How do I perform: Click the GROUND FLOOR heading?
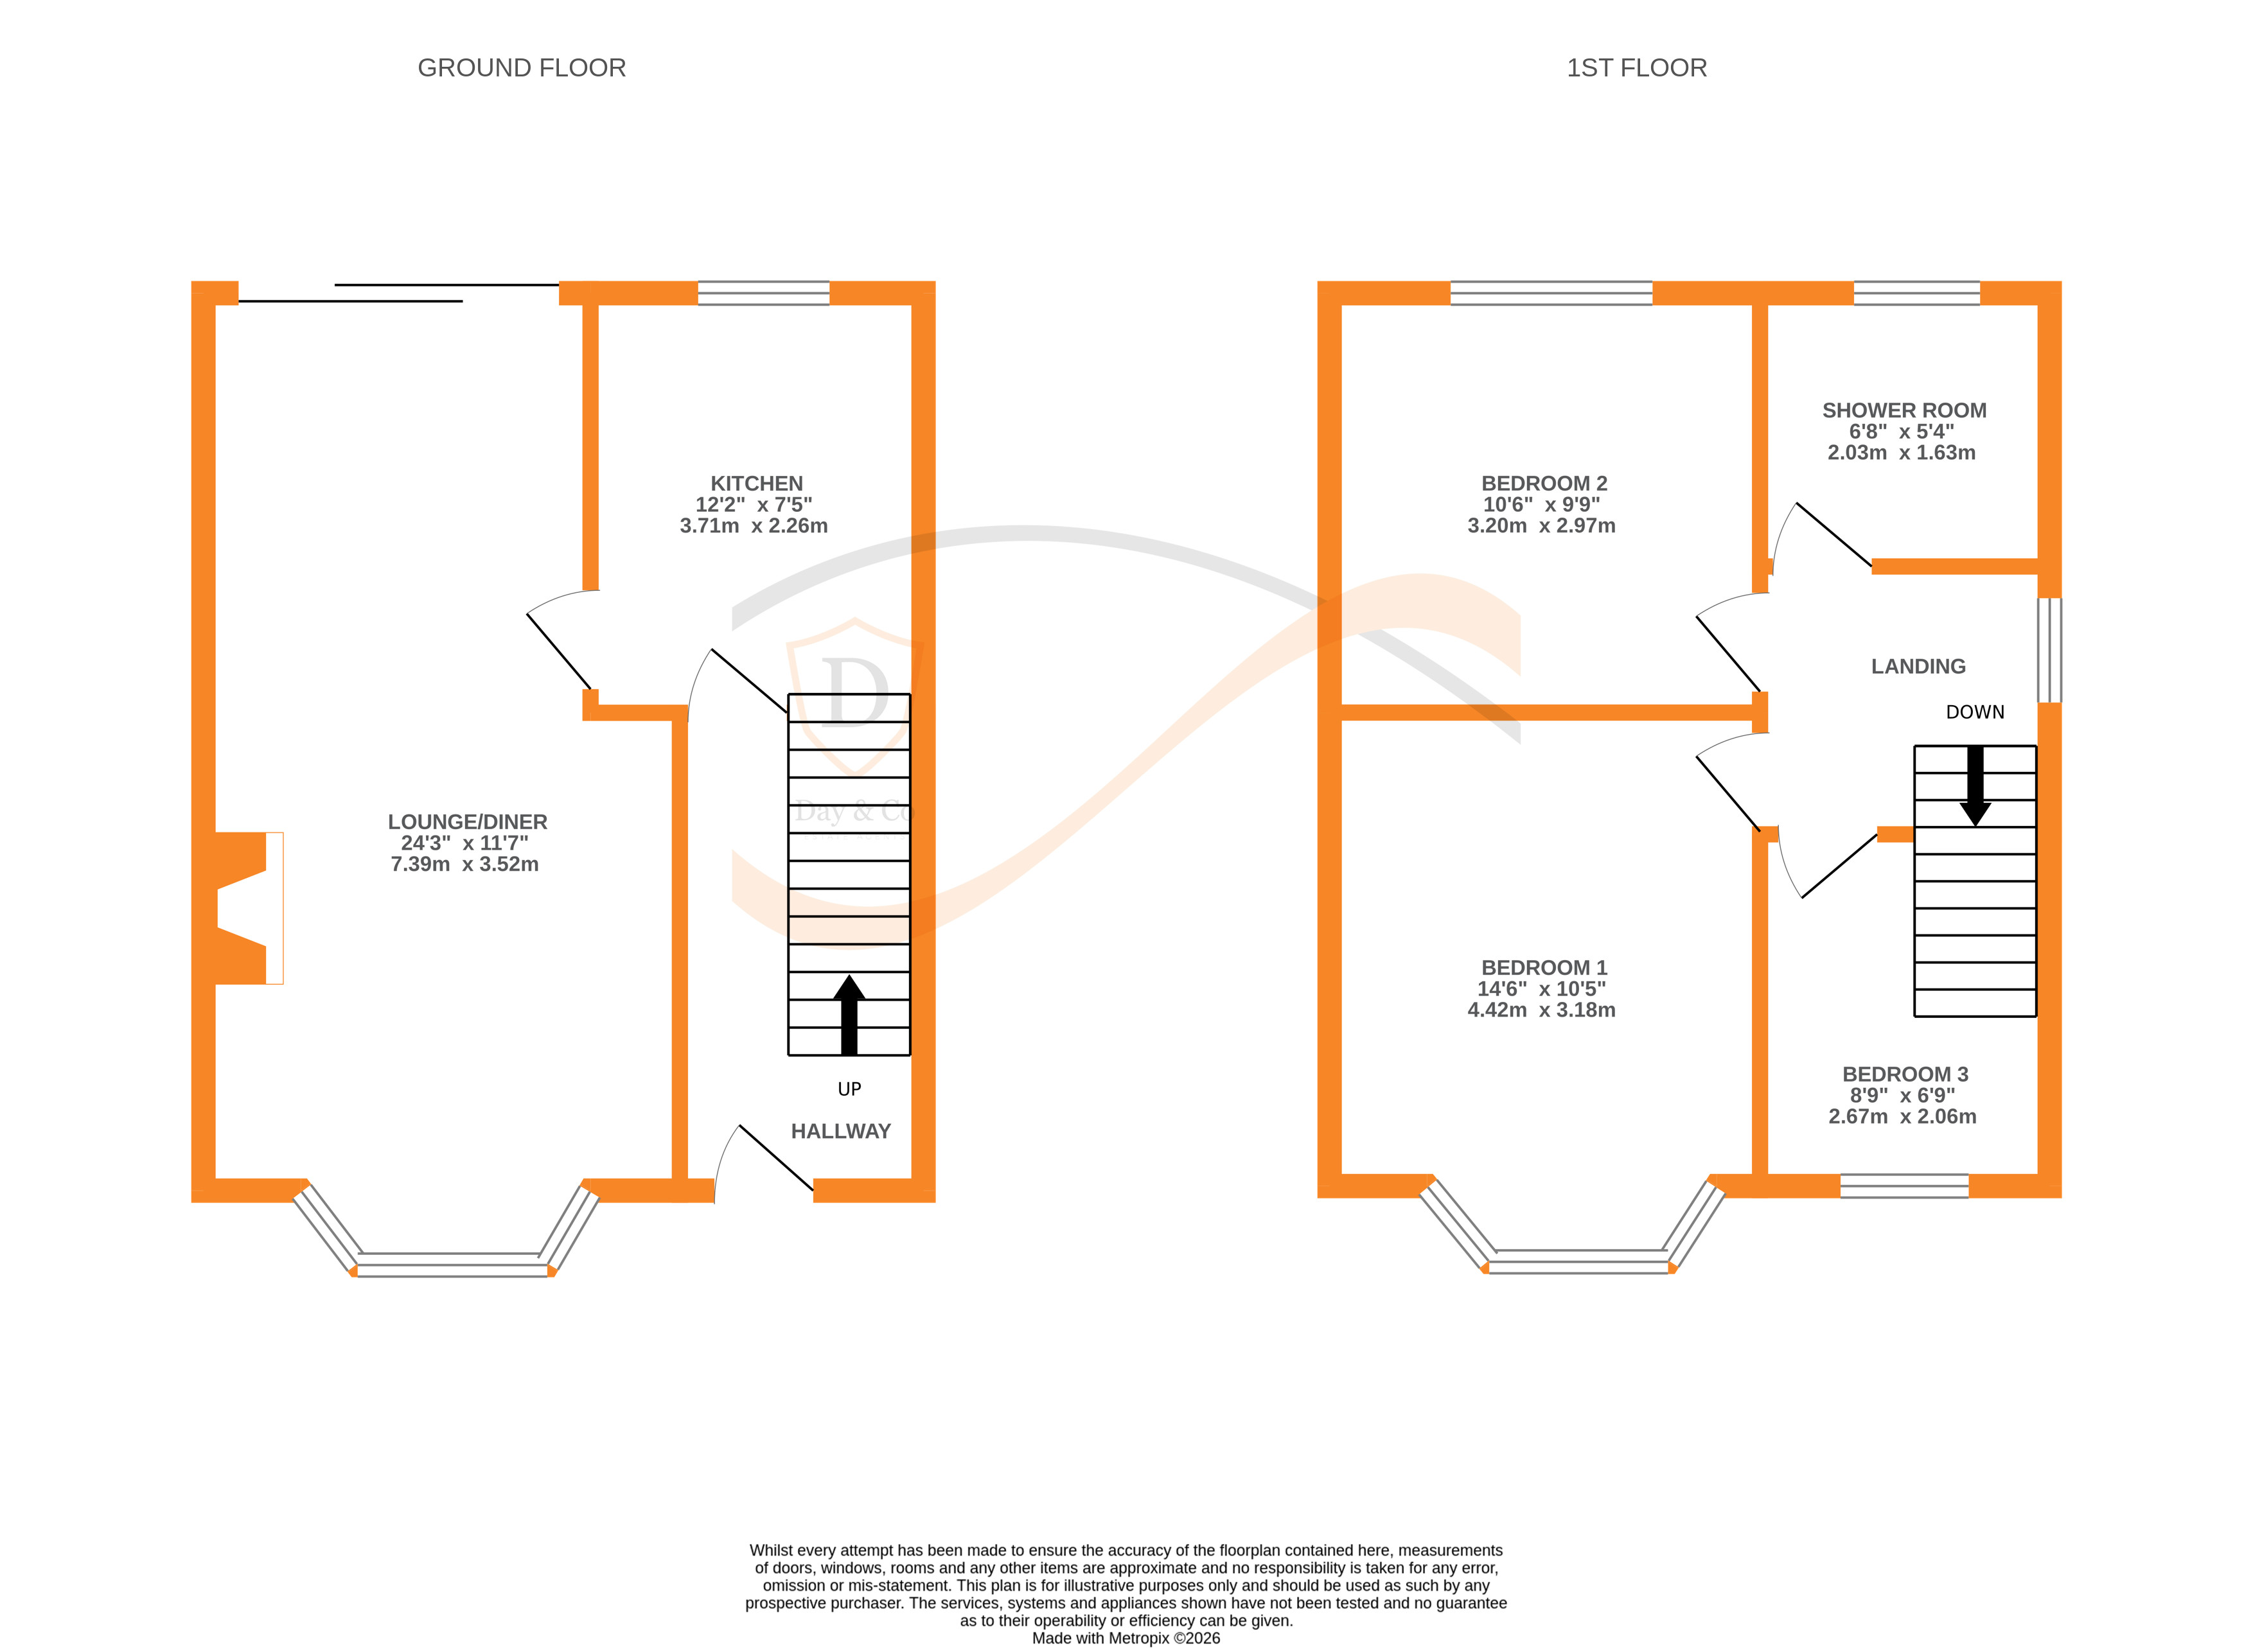click(x=521, y=68)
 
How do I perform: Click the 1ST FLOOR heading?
click(x=1636, y=68)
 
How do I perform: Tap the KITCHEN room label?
click(x=756, y=484)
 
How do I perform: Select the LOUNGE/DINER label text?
click(x=467, y=822)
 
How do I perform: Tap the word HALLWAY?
click(x=840, y=1131)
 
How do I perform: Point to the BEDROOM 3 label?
click(x=1905, y=1074)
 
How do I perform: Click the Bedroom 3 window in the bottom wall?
click(x=1904, y=1186)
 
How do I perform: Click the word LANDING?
click(x=1918, y=667)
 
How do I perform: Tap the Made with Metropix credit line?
click(x=1126, y=1638)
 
